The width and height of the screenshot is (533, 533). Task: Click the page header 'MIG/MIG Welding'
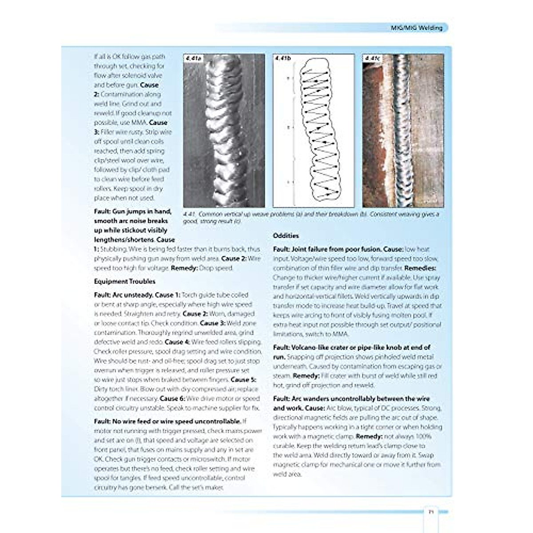[x=416, y=28]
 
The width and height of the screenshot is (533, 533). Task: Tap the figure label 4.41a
[x=194, y=59]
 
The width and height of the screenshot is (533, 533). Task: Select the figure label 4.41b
[x=283, y=59]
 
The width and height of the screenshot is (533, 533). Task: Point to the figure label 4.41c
[x=372, y=59]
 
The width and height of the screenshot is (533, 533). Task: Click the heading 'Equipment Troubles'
[x=125, y=281]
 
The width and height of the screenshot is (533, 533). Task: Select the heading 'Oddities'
[x=286, y=235]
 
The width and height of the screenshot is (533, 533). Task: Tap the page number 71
[x=431, y=512]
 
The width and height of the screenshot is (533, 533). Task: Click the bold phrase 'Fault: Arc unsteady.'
[x=123, y=294]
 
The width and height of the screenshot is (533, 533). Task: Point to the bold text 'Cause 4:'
[x=177, y=342]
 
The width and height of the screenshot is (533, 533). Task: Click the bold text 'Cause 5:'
[x=243, y=380]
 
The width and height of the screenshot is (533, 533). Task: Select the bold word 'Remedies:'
[x=420, y=268]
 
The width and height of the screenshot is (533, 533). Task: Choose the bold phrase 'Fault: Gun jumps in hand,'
[x=132, y=211]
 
